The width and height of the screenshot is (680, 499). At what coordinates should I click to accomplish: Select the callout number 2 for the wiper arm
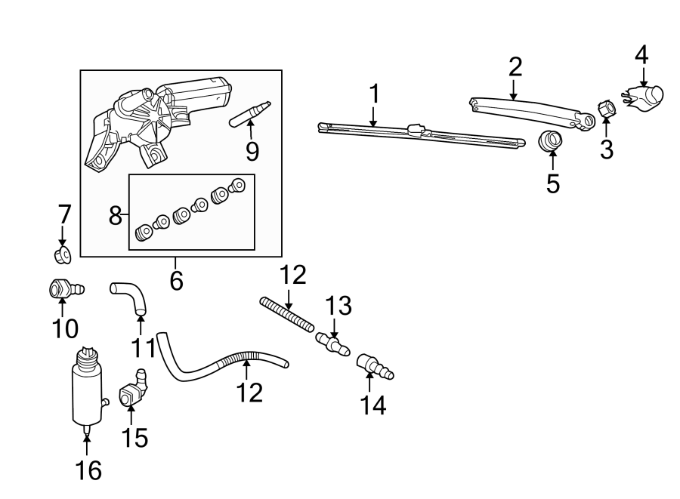(x=515, y=66)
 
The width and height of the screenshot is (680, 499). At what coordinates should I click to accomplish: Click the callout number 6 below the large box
(x=176, y=280)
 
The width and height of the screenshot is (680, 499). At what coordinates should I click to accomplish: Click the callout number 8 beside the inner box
(x=115, y=217)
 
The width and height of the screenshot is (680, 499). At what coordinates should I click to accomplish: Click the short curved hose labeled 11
(x=132, y=297)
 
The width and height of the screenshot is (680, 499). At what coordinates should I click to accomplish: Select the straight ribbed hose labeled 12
(x=287, y=313)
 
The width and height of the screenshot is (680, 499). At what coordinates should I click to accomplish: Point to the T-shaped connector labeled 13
(x=332, y=343)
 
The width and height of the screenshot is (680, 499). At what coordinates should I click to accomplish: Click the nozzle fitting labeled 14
(x=372, y=365)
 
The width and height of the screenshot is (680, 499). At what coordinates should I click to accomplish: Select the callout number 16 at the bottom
(x=88, y=470)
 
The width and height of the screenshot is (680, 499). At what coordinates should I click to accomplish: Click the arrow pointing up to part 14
(x=369, y=380)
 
